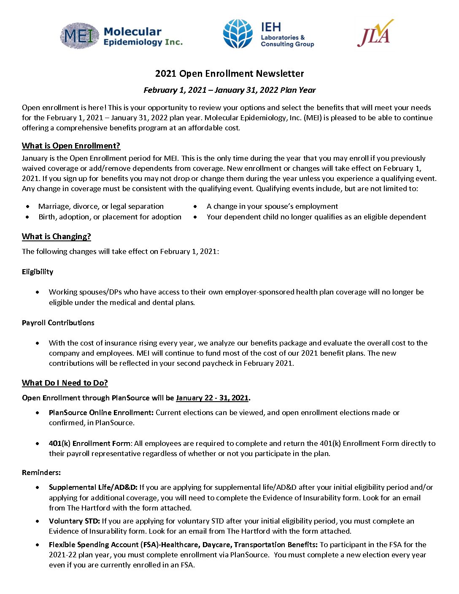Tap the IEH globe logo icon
point(238,34)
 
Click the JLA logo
point(375,33)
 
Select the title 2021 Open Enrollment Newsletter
point(229,73)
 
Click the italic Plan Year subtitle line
point(229,90)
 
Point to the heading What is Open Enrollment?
point(71,146)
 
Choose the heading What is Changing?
point(56,237)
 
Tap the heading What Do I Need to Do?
point(65,383)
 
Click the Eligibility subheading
point(38,272)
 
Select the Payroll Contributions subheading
point(58,323)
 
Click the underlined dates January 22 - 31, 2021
point(212,398)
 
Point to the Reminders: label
point(41,472)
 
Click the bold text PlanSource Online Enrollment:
point(101,413)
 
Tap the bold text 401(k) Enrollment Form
point(90,443)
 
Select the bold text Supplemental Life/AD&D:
point(93,487)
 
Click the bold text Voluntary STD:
point(74,521)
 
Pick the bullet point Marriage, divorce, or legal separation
point(101,206)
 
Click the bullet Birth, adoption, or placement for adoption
point(110,217)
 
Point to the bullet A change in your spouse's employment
point(272,206)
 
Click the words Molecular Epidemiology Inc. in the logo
point(143,37)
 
